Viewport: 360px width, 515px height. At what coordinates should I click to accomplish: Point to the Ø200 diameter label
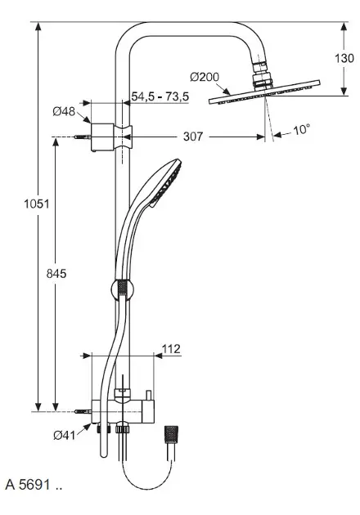(x=205, y=77)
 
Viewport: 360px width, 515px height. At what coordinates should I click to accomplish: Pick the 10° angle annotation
(x=301, y=130)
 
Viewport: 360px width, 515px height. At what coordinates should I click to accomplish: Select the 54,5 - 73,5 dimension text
(x=160, y=96)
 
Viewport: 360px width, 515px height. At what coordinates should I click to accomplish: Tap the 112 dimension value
(x=170, y=349)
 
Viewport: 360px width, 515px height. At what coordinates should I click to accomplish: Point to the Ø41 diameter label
(x=62, y=435)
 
